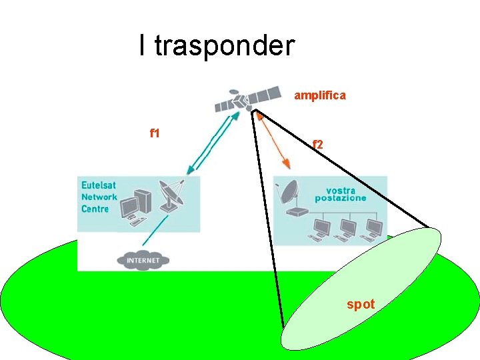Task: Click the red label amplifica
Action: point(320,95)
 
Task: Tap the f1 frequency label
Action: point(155,133)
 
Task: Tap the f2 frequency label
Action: point(318,144)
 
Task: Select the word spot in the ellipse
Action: point(361,305)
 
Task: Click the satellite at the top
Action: point(247,99)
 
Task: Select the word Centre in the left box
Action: point(95,209)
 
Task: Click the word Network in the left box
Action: point(99,197)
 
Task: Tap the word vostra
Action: point(341,190)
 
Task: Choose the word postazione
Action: point(341,198)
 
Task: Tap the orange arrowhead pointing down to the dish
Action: point(287,163)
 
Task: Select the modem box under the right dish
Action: point(294,213)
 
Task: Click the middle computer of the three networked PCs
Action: point(345,229)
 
